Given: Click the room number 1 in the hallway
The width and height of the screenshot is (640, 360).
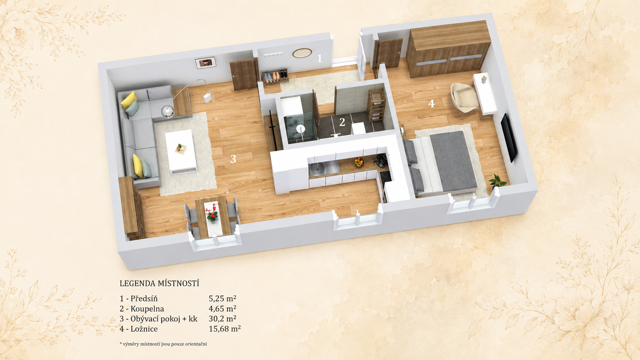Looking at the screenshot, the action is (x=320, y=58).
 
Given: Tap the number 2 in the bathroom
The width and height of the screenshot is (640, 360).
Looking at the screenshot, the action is (x=342, y=122).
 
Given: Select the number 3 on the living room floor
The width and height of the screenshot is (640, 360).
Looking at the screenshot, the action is (x=233, y=159).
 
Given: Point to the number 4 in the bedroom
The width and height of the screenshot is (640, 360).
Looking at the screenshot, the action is (x=431, y=103).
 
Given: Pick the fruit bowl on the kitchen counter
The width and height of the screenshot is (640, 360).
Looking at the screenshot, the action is (x=359, y=162).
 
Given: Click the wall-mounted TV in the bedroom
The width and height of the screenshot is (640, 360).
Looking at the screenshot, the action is (x=509, y=138).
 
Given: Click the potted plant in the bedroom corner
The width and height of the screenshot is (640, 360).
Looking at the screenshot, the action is (x=498, y=182).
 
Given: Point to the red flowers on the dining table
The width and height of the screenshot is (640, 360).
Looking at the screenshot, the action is (x=212, y=212).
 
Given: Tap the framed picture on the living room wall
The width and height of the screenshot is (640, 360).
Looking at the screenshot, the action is (x=206, y=63).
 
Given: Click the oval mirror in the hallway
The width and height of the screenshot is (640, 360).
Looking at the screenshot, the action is (x=302, y=53).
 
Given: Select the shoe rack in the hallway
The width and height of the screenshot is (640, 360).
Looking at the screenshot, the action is (x=275, y=76).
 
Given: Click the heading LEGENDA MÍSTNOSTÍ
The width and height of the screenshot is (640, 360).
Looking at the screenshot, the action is (x=159, y=283).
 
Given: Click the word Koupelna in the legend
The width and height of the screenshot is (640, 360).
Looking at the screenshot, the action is (x=147, y=309).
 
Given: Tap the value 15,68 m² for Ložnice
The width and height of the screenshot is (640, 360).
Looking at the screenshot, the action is (x=225, y=329).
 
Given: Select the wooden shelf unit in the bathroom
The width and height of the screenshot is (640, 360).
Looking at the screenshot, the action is (x=376, y=105).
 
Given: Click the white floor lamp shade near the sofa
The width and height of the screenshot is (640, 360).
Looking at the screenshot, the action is (x=208, y=97).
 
